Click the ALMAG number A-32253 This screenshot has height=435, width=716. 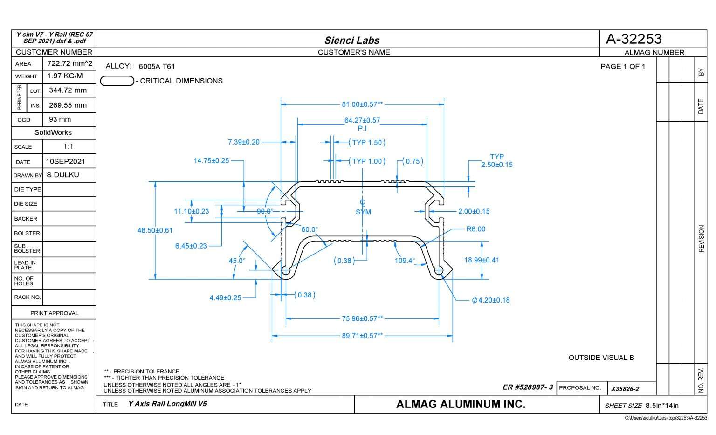pos(633,39)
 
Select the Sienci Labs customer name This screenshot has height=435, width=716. pos(352,40)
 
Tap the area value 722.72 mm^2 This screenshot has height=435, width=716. pos(69,63)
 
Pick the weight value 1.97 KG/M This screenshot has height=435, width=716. pos(65,76)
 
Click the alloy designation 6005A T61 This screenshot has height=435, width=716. pos(157,67)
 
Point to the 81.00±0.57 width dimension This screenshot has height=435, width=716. pos(362,104)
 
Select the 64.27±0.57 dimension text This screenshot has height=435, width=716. pos(362,120)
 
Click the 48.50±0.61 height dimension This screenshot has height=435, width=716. pos(155,230)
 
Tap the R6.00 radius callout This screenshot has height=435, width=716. pos(475,229)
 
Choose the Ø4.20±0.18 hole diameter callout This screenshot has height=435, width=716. pos(491,300)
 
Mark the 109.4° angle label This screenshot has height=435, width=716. pos(405,261)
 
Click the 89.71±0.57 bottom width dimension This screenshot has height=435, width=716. pos(362,336)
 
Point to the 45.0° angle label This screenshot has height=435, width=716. pos(237,261)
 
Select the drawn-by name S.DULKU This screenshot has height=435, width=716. pos(63,175)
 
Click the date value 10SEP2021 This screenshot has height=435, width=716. pos(66,161)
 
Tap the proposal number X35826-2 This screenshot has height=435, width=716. pos(625,389)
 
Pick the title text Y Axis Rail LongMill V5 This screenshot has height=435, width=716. pos(167,404)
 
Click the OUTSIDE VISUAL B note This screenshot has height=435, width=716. pos(601,358)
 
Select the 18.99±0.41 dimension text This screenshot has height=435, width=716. pos(482,260)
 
